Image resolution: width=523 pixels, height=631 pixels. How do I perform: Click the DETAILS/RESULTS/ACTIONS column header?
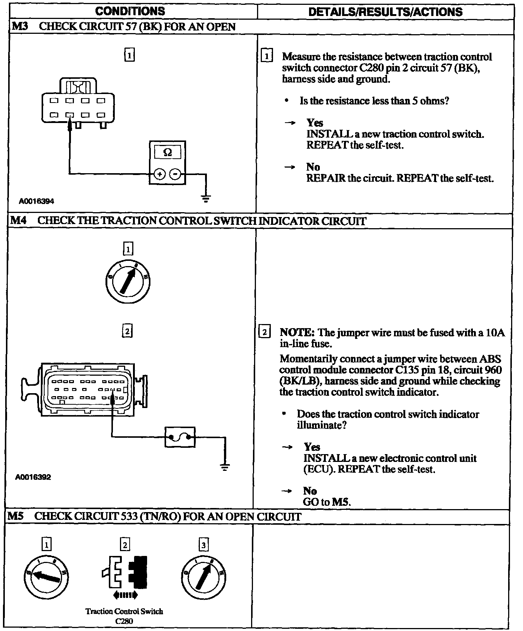click(385, 12)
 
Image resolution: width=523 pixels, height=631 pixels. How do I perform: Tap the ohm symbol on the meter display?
click(168, 152)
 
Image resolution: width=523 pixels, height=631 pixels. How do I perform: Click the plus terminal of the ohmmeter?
click(159, 174)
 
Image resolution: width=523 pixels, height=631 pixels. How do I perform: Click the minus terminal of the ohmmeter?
click(176, 174)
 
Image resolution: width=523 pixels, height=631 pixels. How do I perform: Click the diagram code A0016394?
click(37, 201)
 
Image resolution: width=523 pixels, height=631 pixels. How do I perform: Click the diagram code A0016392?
click(33, 477)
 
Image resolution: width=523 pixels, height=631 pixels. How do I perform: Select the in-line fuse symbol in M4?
click(180, 437)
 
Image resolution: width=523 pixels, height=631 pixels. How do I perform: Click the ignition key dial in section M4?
click(128, 281)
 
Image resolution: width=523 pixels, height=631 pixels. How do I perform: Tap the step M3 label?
click(18, 26)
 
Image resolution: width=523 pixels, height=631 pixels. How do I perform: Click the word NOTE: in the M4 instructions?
click(297, 332)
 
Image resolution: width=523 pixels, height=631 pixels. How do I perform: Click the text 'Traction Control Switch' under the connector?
click(124, 611)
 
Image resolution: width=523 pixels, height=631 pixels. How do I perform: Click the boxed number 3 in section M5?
click(204, 545)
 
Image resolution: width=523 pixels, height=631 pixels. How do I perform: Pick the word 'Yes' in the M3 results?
click(315, 123)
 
